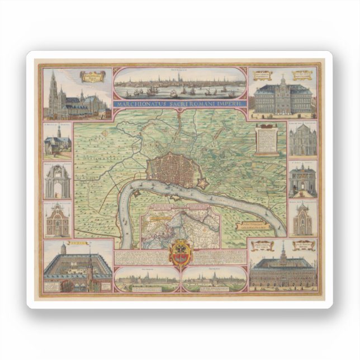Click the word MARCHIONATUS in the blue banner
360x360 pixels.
coord(136,103)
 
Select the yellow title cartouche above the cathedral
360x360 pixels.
coord(92,76)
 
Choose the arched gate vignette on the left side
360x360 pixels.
coord(58,181)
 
